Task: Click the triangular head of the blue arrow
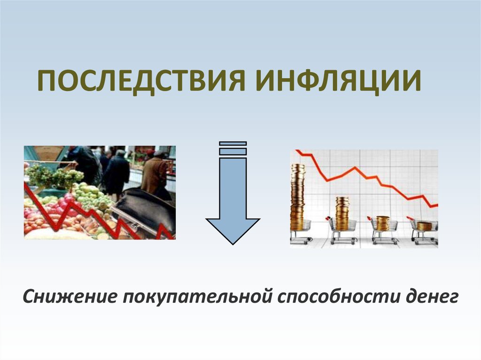coord(233,230)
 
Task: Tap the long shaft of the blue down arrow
coord(233,188)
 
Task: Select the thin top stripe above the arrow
coord(233,143)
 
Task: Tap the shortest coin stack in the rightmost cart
coord(424,226)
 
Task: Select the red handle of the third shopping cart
coord(370,218)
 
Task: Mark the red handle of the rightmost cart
coord(410,218)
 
